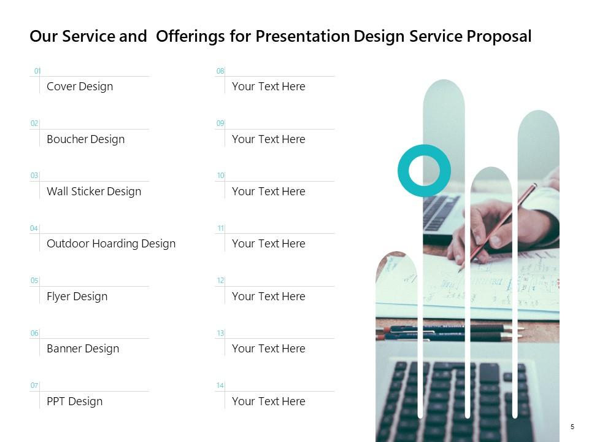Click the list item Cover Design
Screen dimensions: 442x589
pos(80,87)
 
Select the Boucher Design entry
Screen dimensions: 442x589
pos(85,139)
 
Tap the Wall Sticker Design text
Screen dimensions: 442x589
pos(94,192)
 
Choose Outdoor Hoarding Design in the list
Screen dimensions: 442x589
pos(111,244)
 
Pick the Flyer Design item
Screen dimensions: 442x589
pos(77,297)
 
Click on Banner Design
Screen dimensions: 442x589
pos(83,349)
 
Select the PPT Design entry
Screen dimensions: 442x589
pos(74,401)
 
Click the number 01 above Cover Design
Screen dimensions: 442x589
pos(37,71)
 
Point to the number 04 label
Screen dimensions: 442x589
pos(34,228)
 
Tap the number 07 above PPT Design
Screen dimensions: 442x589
pos(34,386)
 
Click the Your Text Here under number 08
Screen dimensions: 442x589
pos(268,87)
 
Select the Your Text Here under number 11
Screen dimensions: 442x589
pos(268,244)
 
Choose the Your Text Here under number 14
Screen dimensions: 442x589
pos(268,401)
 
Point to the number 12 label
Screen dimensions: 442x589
pos(220,281)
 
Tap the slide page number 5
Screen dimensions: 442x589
pos(572,427)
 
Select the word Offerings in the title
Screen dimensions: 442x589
pos(191,37)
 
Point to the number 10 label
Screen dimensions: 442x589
pos(220,176)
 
